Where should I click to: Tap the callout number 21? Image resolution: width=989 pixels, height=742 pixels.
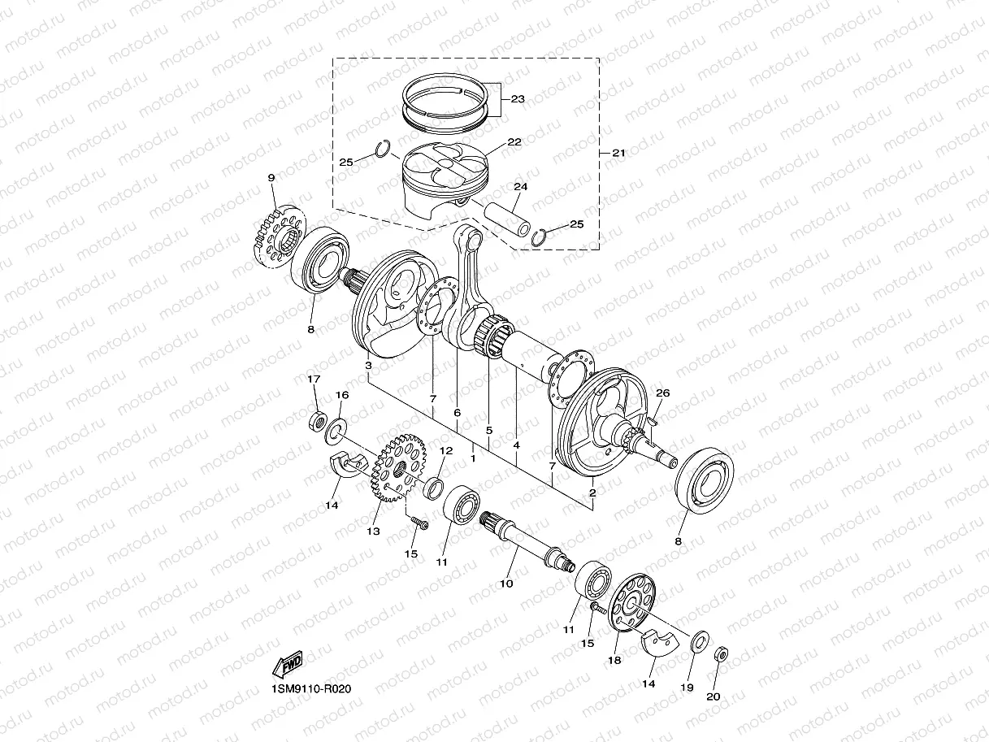point(618,153)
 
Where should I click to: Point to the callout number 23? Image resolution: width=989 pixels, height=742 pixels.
point(517,99)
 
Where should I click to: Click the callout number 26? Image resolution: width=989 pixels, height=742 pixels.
point(662,393)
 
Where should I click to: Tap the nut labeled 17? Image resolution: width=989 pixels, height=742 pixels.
point(318,423)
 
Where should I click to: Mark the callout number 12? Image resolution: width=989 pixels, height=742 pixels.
point(445,450)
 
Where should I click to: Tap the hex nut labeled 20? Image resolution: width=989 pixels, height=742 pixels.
point(720,654)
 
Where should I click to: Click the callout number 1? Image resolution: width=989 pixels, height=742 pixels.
point(472,458)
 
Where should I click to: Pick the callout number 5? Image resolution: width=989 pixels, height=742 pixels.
point(488,430)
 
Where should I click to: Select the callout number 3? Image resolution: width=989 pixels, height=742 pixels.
point(368,367)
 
